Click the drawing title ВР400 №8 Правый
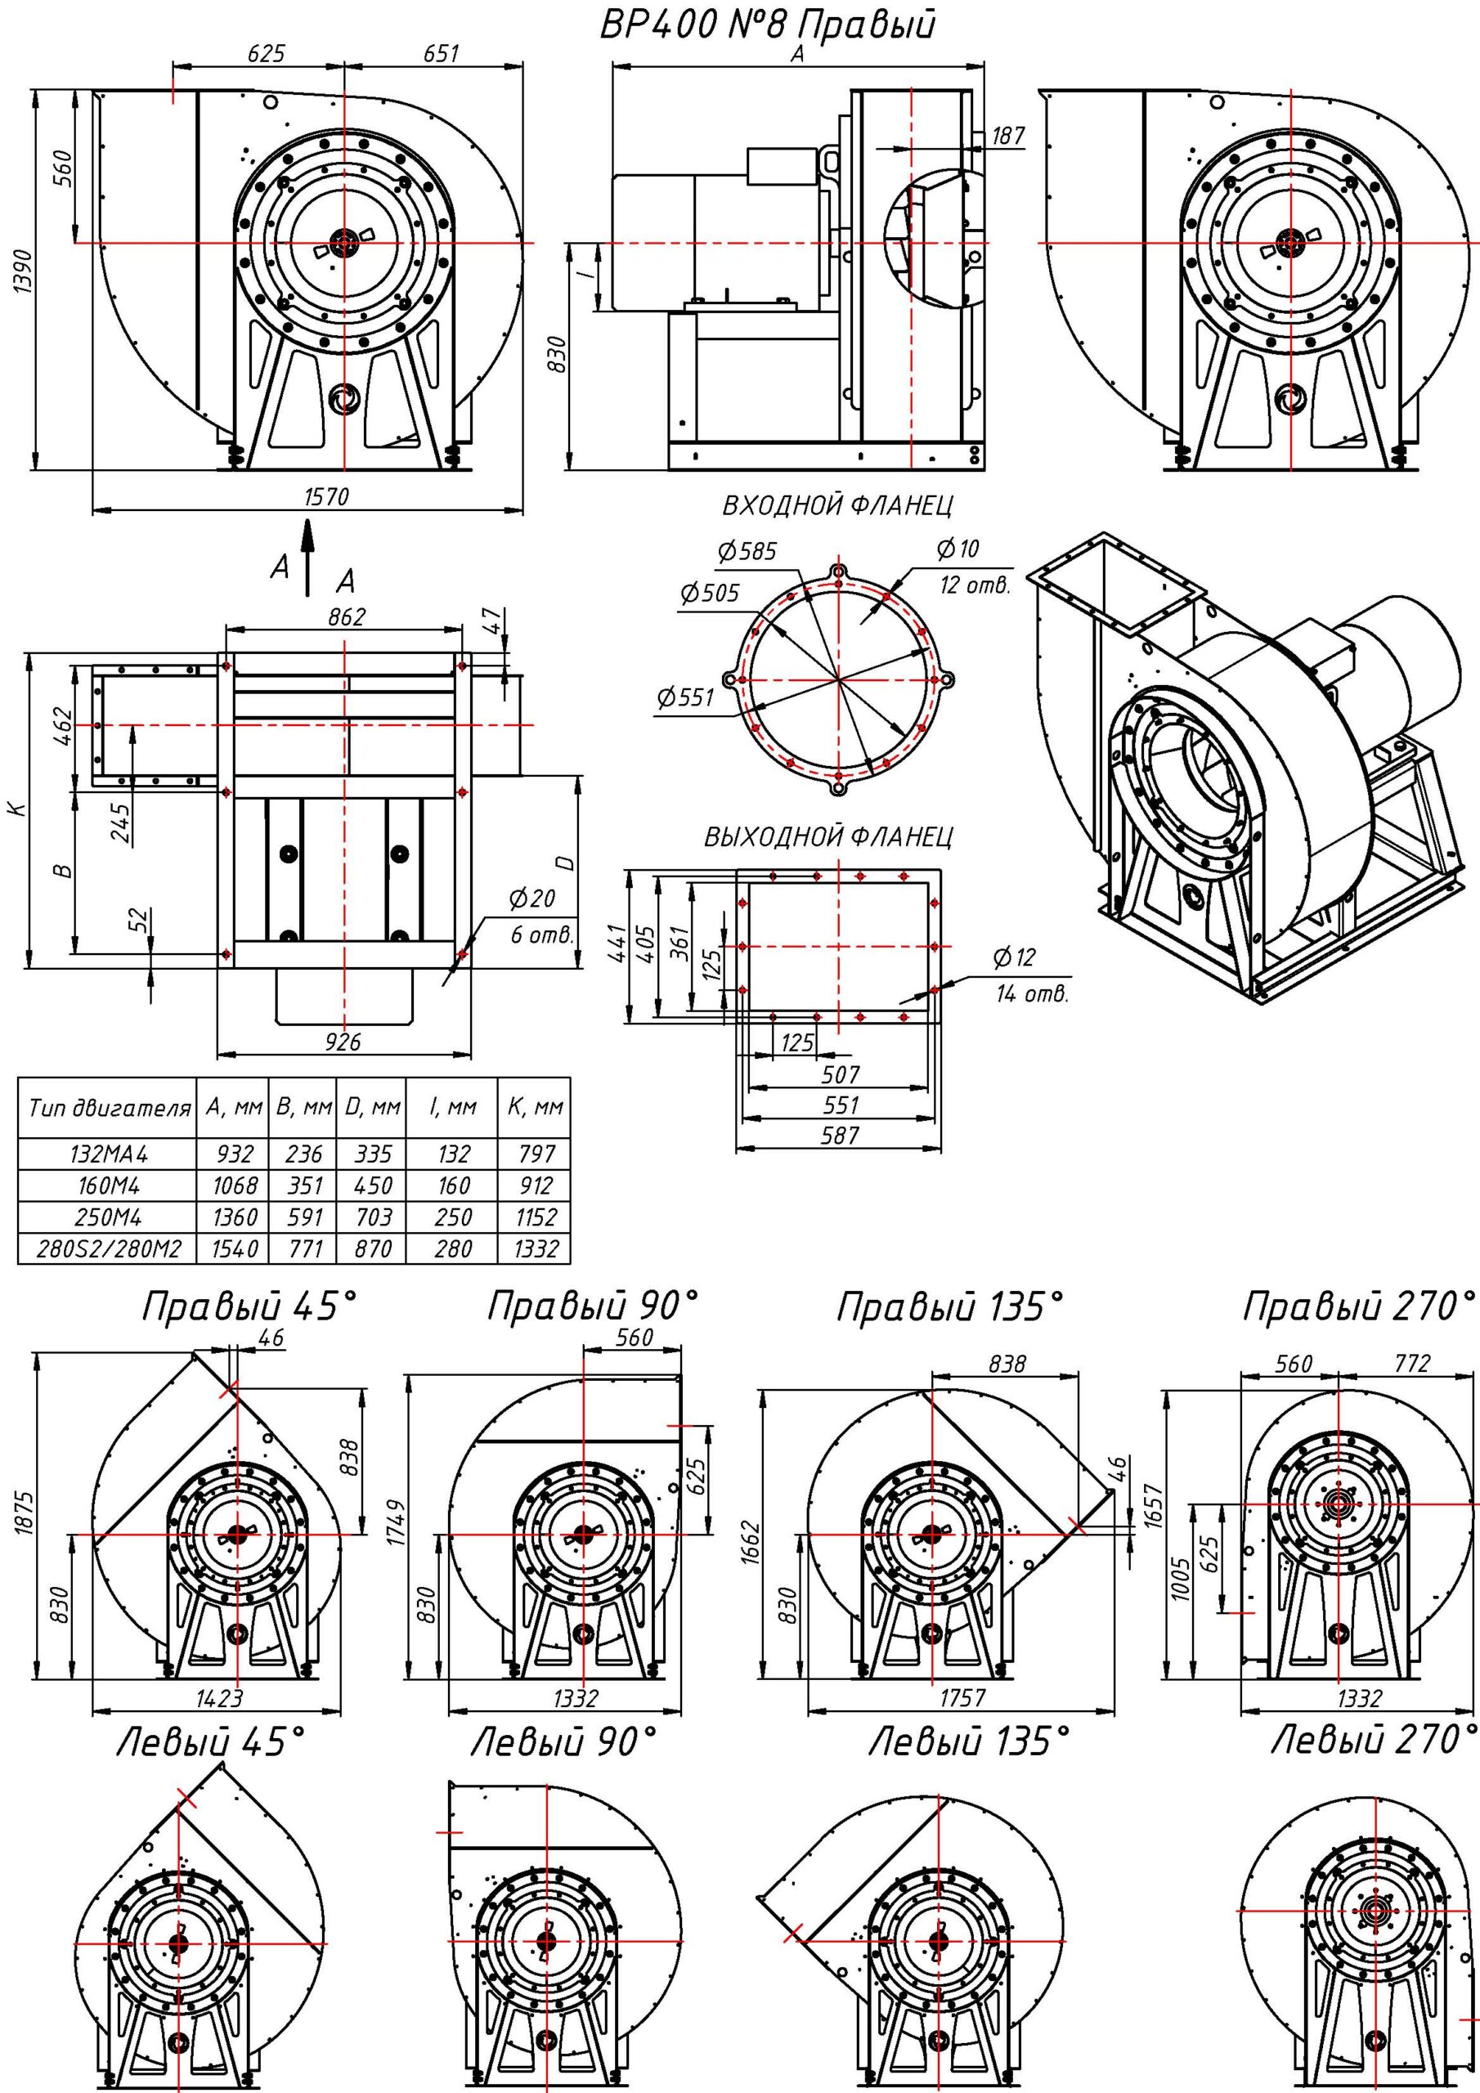point(768,25)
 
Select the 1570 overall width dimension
point(326,498)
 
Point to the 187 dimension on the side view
point(1007,136)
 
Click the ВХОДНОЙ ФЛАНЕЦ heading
point(838,505)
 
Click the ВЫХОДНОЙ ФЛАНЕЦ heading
point(828,837)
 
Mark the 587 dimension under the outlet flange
point(840,1136)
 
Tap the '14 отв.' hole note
point(1031,993)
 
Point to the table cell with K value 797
point(536,1154)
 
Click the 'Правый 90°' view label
point(593,1308)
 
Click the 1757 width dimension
point(962,1696)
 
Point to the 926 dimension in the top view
point(343,1042)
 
